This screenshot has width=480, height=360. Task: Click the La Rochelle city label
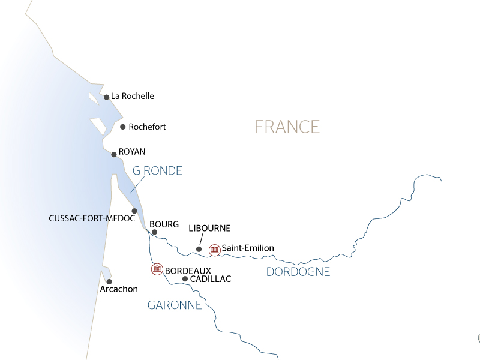point(133,96)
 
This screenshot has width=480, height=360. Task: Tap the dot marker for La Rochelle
point(106,97)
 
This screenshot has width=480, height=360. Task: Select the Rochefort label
point(147,127)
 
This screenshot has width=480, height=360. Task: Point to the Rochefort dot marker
point(123,127)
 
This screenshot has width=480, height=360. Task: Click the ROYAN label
point(132,152)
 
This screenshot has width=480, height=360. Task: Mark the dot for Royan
point(114,154)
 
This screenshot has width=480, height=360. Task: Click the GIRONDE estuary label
point(158,171)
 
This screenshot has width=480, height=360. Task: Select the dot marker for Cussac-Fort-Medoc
point(134,211)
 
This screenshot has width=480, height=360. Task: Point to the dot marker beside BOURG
point(154,232)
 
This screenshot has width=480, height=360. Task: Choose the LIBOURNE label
point(209,229)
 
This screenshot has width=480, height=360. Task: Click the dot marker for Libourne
point(199,249)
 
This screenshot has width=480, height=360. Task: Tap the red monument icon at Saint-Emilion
point(214,249)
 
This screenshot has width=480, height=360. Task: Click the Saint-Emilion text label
point(248,248)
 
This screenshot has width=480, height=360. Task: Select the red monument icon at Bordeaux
point(157,269)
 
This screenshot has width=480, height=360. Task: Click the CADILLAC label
point(210,279)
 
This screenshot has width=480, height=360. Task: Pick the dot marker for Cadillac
point(185,279)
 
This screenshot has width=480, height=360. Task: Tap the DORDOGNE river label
point(298,272)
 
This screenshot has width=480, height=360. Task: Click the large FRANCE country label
point(287,127)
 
